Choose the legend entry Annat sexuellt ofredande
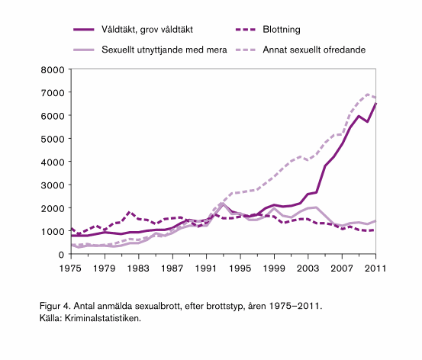point(314,50)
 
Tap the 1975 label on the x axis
point(71,268)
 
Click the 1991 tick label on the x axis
point(207,268)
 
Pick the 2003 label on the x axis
point(308,268)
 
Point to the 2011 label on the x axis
point(375,268)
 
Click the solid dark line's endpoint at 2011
point(375,104)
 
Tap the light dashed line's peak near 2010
point(367,95)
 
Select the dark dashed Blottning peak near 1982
point(130,212)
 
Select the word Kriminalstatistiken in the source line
point(104,318)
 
